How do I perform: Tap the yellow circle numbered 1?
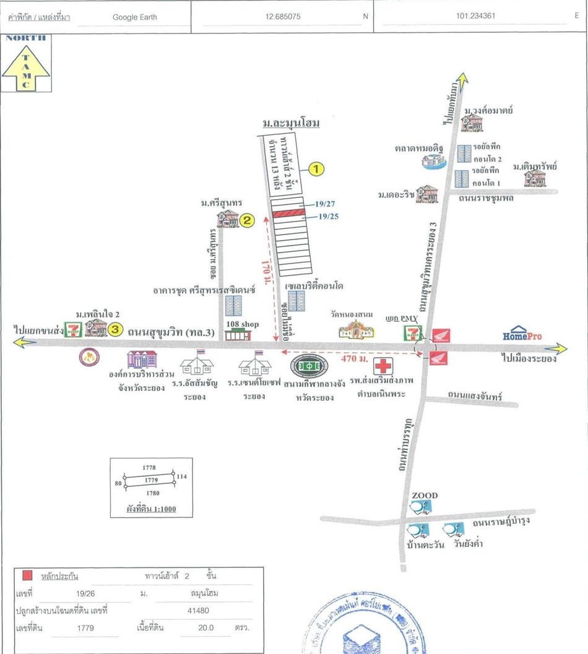tap(316, 169)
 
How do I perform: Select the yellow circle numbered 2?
tap(247, 219)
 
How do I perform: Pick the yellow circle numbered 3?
tap(115, 330)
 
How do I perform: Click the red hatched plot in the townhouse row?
tap(288, 213)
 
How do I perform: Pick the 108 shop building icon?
tap(238, 334)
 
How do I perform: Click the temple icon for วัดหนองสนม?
tap(357, 330)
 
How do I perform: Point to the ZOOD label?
tap(425, 496)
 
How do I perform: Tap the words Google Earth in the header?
tap(134, 17)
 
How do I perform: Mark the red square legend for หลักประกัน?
tap(27, 575)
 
